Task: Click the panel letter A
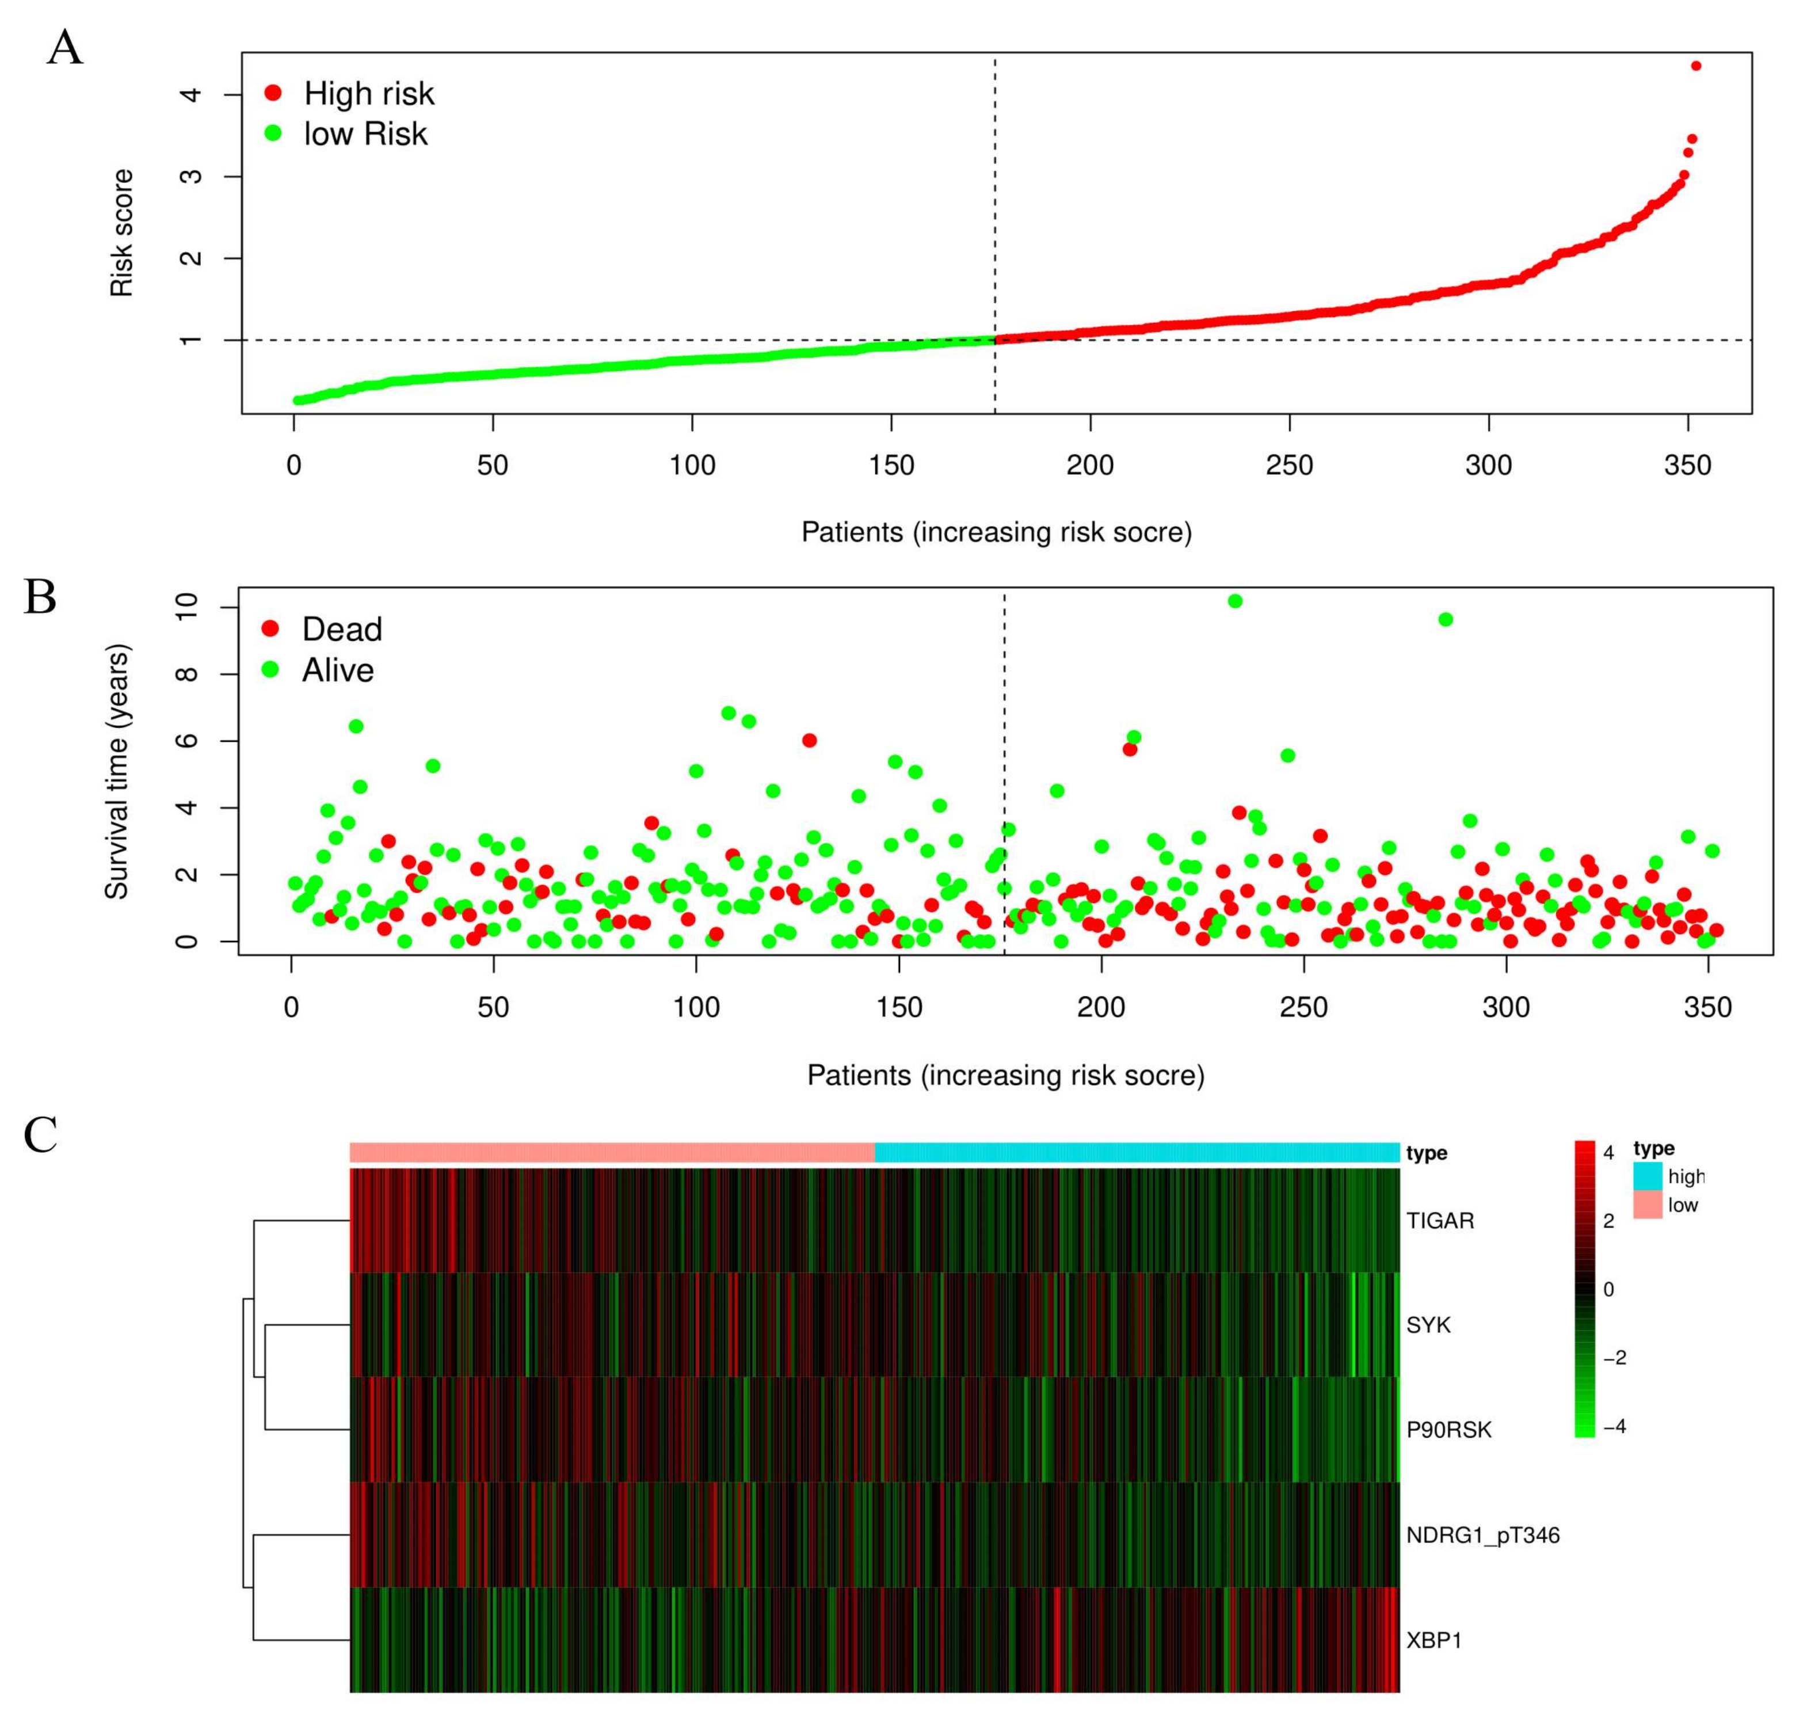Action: click(x=64, y=48)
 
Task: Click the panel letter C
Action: click(x=40, y=1136)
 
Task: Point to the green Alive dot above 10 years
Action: click(x=1234, y=601)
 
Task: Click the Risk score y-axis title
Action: click(x=122, y=233)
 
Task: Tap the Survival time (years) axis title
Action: click(x=117, y=771)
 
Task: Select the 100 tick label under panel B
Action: click(x=696, y=1008)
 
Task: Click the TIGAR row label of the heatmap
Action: click(x=1439, y=1221)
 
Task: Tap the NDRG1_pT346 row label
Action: click(x=1481, y=1535)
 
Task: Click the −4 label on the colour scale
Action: click(x=1614, y=1426)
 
